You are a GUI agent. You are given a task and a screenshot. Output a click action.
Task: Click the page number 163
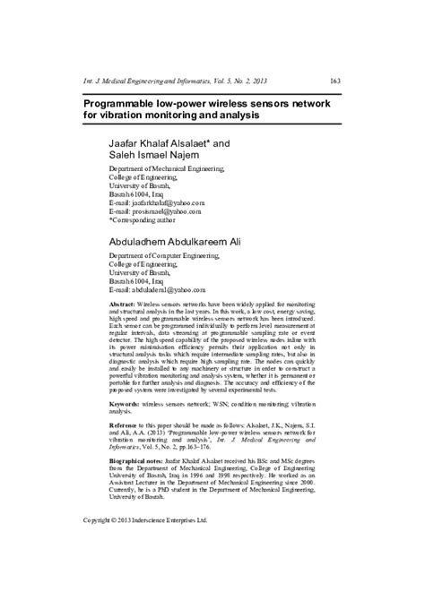tap(334, 81)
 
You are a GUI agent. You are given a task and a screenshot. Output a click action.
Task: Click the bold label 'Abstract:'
tap(123, 305)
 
